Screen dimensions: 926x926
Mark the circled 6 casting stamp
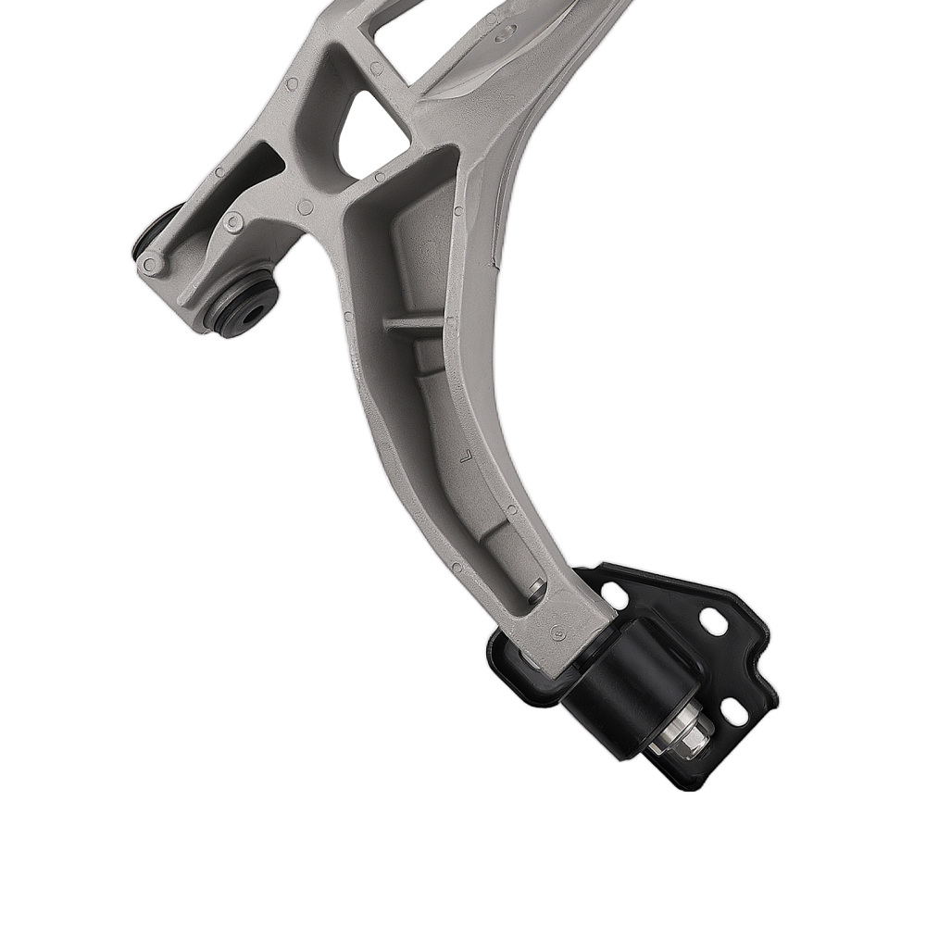pos(557,633)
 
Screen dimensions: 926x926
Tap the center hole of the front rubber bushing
pos(251,311)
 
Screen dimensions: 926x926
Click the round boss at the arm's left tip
pos(151,264)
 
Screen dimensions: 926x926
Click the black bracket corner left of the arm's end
pos(505,663)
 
